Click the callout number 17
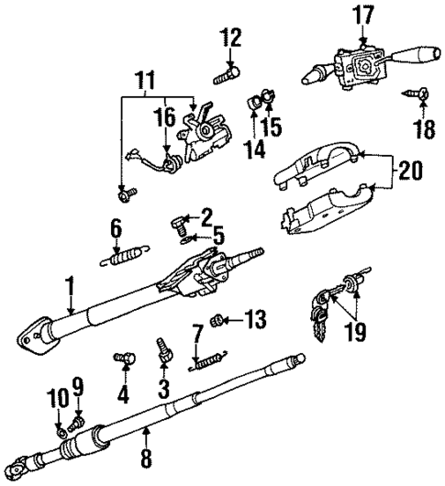(364, 15)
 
